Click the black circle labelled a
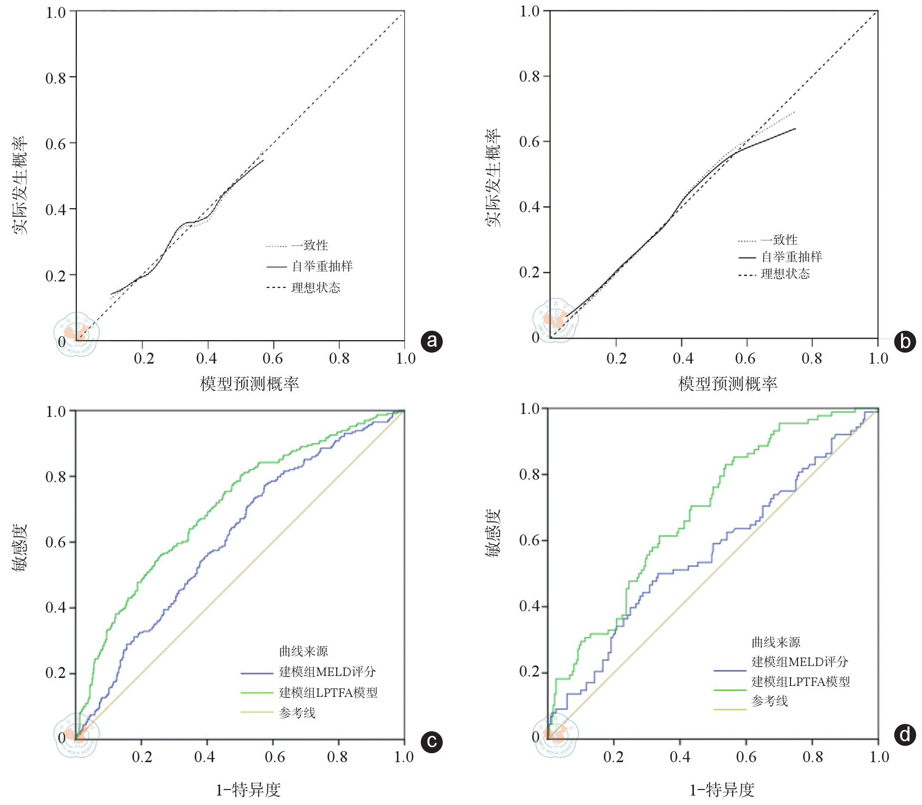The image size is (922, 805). tap(431, 341)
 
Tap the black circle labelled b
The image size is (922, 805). tap(905, 342)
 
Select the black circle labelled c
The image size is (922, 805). tap(431, 742)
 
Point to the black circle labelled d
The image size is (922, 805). tap(905, 735)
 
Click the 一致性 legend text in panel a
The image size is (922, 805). tap(310, 245)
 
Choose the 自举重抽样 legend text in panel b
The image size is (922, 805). tap(791, 257)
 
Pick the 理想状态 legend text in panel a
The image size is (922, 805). tap(316, 287)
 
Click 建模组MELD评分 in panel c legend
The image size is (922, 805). tap(327, 672)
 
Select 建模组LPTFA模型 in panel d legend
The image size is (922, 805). tap(800, 681)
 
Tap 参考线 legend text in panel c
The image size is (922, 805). tap(297, 713)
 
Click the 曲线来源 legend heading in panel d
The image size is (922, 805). tap(776, 642)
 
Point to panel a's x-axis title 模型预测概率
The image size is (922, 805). tap(250, 384)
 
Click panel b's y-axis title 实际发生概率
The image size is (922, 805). tap(494, 178)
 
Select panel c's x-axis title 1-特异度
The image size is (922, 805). tap(248, 790)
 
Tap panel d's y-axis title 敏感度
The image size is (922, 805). tap(494, 533)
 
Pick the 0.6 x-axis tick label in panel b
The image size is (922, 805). tap(745, 358)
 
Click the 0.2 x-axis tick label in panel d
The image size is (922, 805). tap(613, 757)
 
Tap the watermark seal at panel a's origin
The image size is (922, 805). tap(77, 334)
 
